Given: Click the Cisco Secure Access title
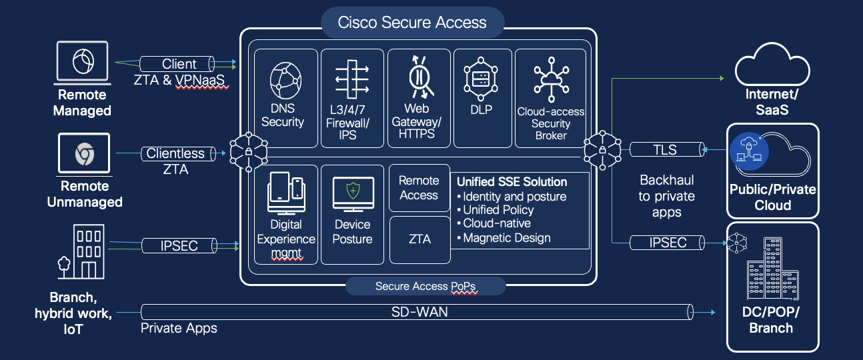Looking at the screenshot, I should click(x=412, y=23).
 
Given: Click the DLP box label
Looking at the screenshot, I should click(x=481, y=109).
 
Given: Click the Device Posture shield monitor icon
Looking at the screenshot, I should click(x=351, y=194).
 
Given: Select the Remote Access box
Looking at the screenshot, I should click(x=419, y=188).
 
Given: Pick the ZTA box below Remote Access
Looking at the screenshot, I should click(x=419, y=239).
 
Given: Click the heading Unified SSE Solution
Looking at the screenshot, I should click(x=512, y=181).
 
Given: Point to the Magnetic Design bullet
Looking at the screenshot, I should click(x=507, y=238).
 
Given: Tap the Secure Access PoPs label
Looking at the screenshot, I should click(x=425, y=287).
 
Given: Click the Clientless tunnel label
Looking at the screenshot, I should click(x=175, y=153).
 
